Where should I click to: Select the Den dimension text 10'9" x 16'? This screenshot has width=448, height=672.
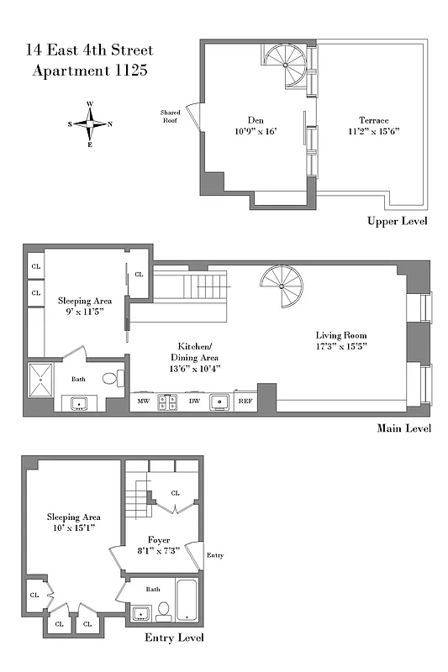tap(256, 131)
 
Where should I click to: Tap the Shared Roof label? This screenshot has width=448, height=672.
tap(171, 116)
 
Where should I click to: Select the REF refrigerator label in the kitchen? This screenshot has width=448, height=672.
tap(245, 402)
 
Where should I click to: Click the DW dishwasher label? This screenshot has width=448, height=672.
tap(194, 402)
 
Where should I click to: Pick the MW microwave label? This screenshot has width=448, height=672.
tap(143, 402)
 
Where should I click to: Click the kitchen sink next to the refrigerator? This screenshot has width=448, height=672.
tap(220, 402)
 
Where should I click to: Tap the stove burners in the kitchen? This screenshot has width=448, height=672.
tap(168, 402)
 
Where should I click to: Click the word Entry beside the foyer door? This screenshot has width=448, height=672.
tap(215, 555)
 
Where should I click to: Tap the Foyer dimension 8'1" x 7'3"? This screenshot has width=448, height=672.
tap(159, 551)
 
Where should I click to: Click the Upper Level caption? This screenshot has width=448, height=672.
tap(397, 222)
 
